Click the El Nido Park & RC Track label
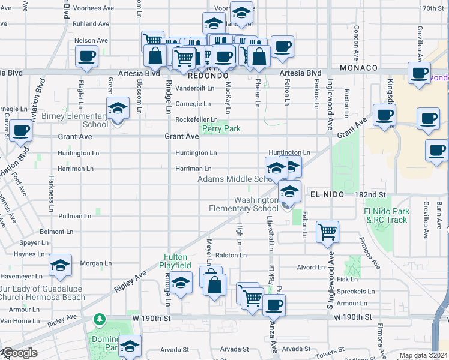(387, 215)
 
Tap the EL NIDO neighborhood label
(325, 195)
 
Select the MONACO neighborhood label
(358, 68)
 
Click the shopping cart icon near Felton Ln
(327, 231)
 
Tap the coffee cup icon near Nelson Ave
(86, 57)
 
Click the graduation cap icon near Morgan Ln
(60, 265)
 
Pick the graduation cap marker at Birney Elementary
(118, 109)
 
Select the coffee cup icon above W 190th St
(274, 304)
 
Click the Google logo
(19, 353)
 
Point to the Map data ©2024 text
(424, 355)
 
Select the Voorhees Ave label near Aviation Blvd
(94, 8)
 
